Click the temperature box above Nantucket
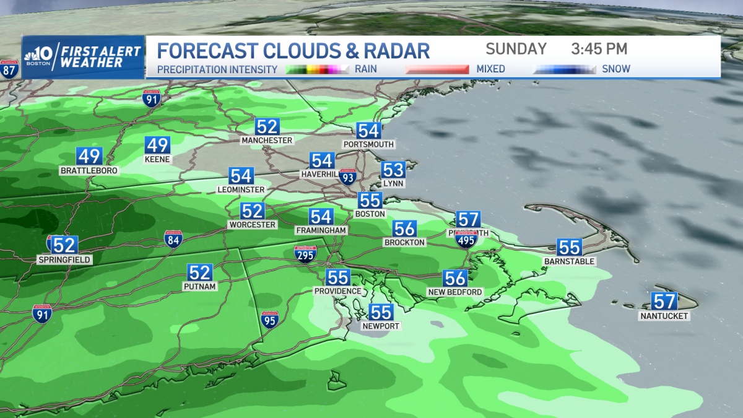664,302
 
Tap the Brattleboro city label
89,170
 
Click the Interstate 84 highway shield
173,240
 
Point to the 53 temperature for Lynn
393,170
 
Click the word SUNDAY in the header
516,49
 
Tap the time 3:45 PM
599,49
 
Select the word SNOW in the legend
616,69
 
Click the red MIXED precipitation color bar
437,69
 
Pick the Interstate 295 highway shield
305,254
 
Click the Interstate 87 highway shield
9,69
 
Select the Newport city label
381,326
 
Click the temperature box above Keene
157,145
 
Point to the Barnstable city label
569,261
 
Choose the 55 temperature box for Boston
370,200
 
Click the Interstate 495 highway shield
466,238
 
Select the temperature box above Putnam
200,272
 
